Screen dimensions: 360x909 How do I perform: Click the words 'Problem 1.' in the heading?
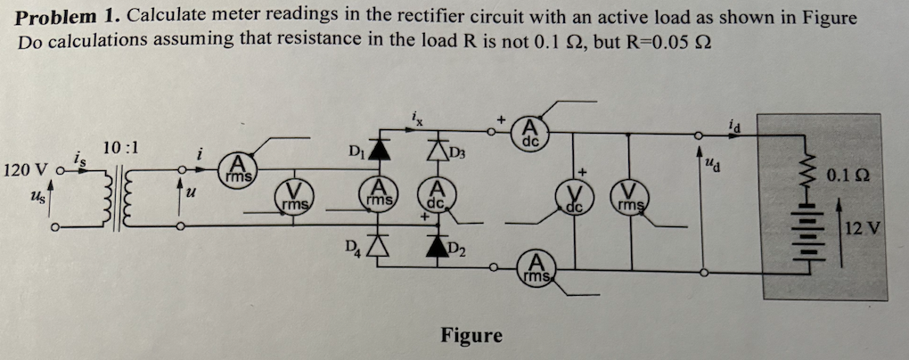pos(68,18)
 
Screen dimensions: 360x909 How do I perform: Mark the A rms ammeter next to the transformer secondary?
pos(237,169)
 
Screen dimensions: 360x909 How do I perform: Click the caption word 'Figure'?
pos(471,336)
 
